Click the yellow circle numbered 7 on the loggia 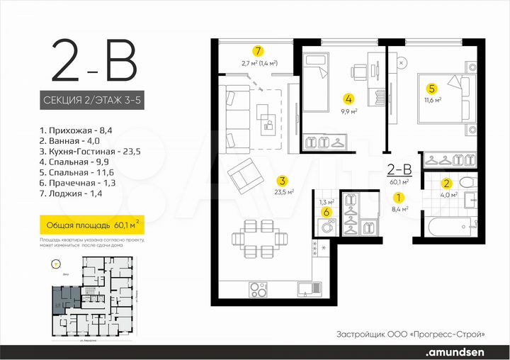click(259, 51)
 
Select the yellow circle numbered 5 click(431, 89)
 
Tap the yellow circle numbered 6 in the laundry click(326, 212)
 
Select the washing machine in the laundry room click(327, 229)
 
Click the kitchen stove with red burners click(259, 288)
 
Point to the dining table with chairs click(255, 239)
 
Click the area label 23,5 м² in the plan click(285, 191)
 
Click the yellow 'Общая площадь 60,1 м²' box click(90, 225)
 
